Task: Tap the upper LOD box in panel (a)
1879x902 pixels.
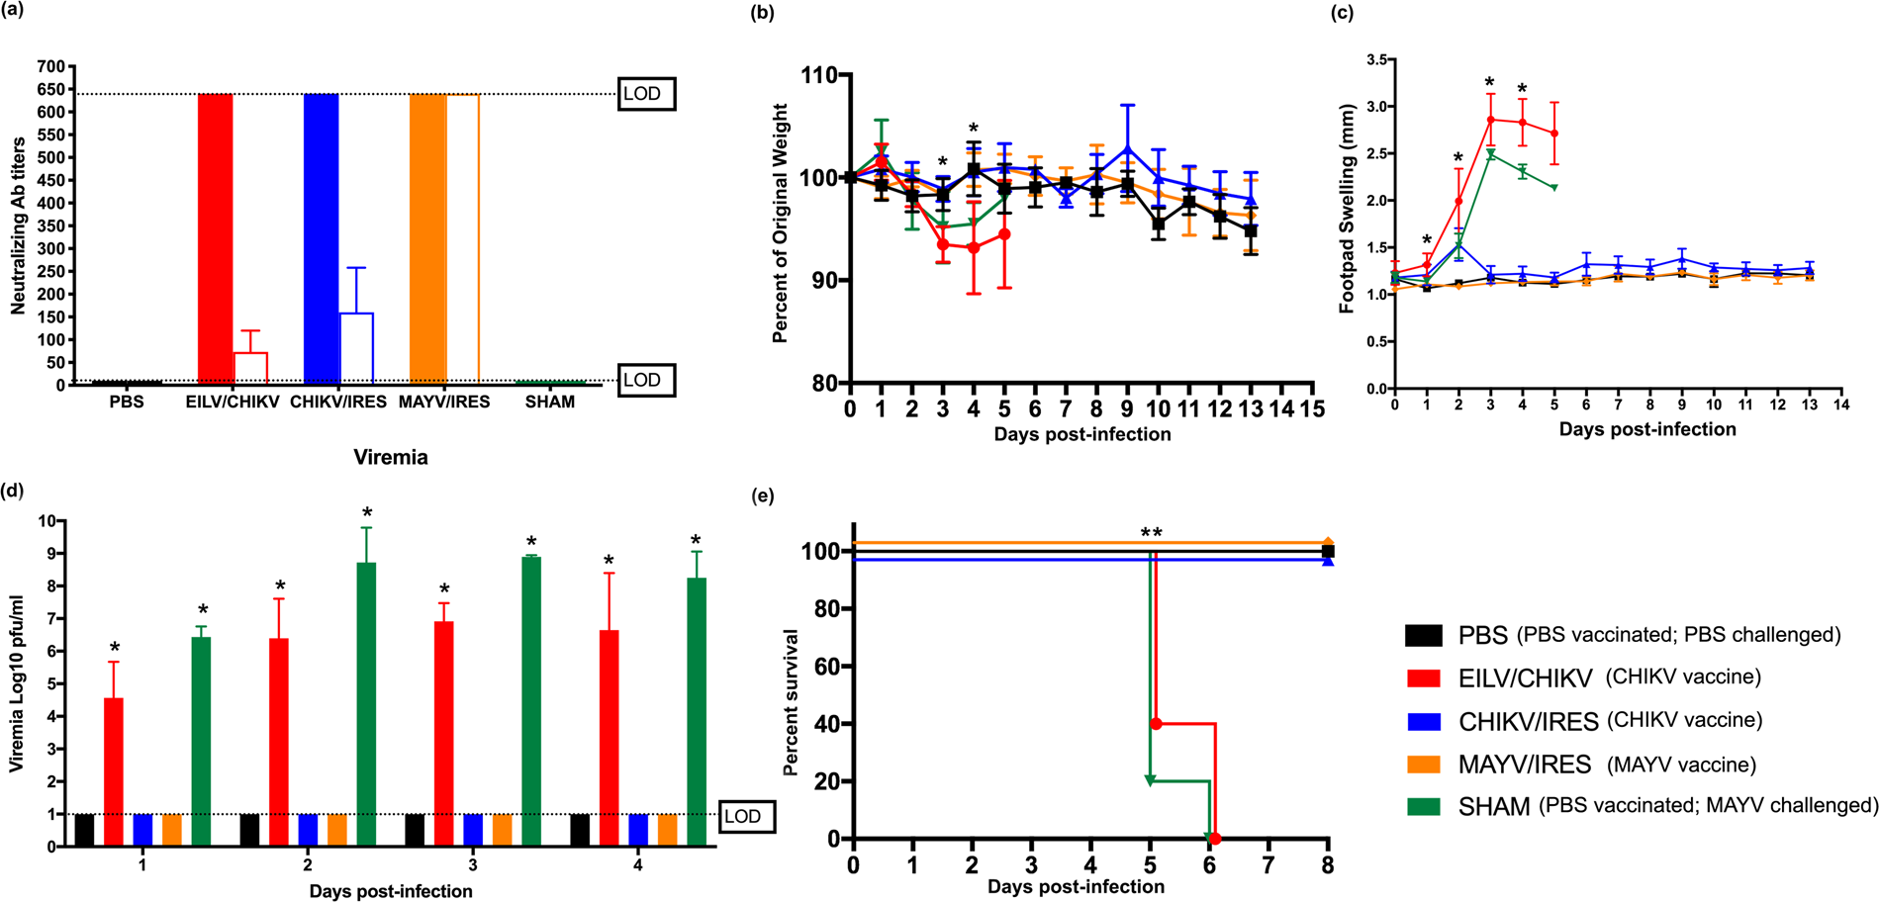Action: click(x=645, y=94)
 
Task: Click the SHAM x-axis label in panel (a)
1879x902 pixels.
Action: click(x=549, y=403)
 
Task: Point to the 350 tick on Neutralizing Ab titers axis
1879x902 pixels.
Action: click(x=51, y=225)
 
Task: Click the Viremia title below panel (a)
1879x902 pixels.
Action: click(x=391, y=457)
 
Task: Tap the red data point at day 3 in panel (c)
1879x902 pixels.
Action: click(x=1490, y=120)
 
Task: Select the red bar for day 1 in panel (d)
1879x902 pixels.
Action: click(x=114, y=771)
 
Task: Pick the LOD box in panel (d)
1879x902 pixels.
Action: click(x=743, y=816)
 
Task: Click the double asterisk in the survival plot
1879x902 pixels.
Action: click(x=1151, y=534)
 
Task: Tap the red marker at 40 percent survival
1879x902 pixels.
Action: click(x=1156, y=724)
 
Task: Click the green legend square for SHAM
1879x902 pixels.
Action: click(x=1423, y=806)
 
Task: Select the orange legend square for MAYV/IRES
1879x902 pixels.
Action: click(x=1423, y=764)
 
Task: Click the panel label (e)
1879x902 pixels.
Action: click(x=763, y=496)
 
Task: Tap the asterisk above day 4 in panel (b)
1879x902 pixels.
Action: click(x=974, y=130)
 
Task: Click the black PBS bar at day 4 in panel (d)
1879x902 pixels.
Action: click(x=580, y=830)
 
